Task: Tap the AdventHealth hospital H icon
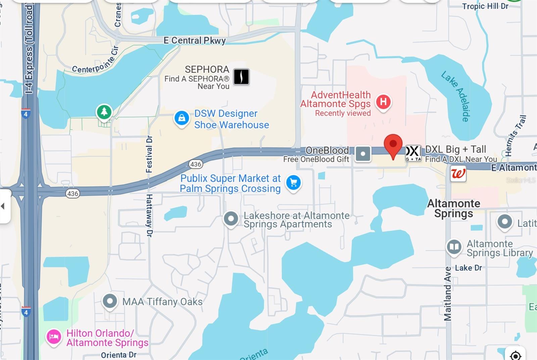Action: [x=383, y=101]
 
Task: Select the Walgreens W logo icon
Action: [x=458, y=173]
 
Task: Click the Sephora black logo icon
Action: [x=241, y=77]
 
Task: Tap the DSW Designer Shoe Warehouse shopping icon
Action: [x=182, y=118]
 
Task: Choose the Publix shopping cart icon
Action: [x=294, y=183]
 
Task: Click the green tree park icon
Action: [x=104, y=112]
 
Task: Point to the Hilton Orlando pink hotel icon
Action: [x=54, y=337]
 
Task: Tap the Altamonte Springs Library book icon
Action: [x=454, y=247]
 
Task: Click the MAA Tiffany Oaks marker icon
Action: [x=110, y=301]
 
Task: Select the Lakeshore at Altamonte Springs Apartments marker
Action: [x=231, y=219]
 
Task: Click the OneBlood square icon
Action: [x=363, y=154]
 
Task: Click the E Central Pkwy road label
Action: [x=195, y=41]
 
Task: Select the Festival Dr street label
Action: [x=149, y=154]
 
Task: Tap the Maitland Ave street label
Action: [x=448, y=294]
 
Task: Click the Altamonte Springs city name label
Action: [x=453, y=208]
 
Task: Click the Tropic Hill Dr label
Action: [x=485, y=6]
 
